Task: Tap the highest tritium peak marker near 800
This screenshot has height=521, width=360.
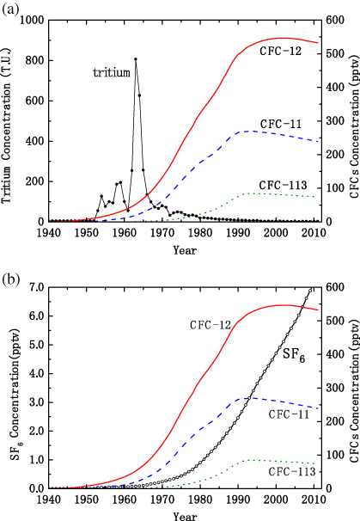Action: coord(136,59)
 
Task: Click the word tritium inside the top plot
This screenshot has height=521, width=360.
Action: coord(111,72)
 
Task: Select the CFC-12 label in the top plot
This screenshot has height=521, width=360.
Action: coord(281,52)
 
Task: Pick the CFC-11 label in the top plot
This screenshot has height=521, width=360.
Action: coord(281,124)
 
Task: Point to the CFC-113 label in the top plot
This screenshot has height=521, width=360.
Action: coord(284,185)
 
